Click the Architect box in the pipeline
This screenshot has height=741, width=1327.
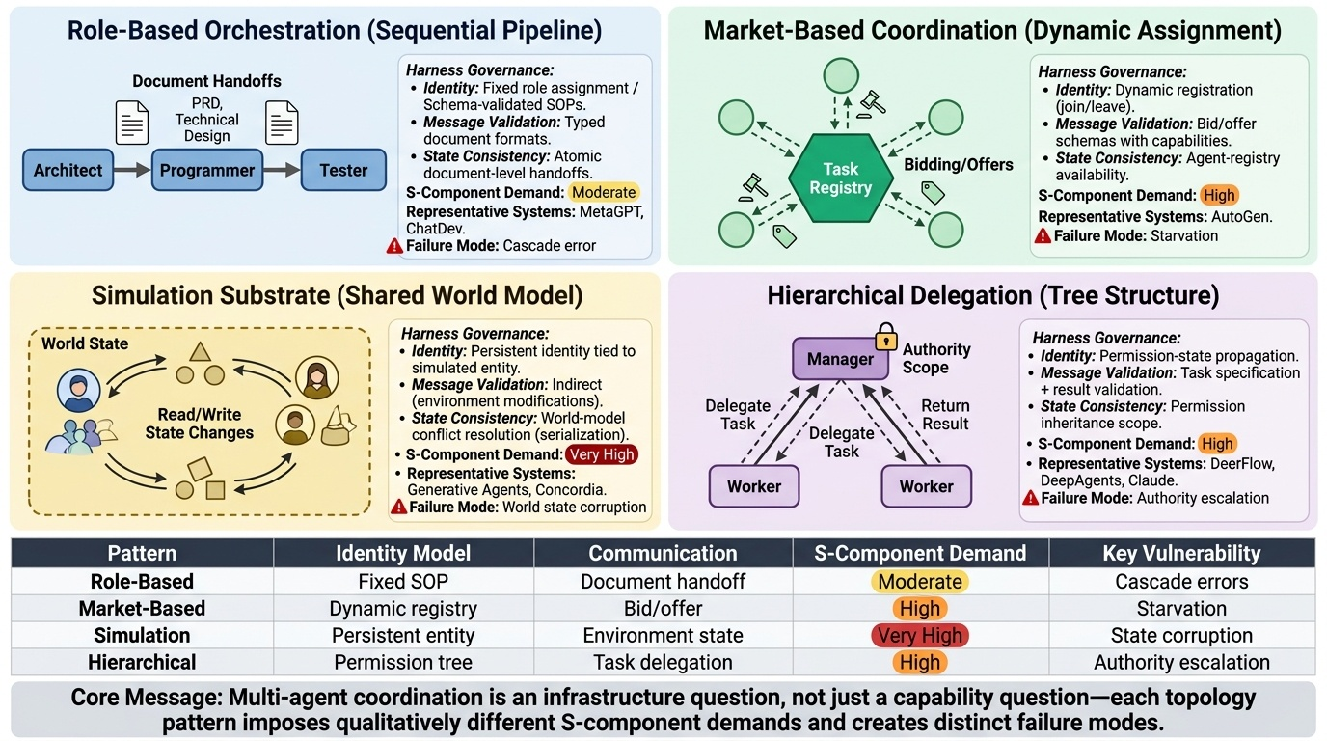click(x=68, y=171)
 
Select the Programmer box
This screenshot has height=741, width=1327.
click(x=206, y=171)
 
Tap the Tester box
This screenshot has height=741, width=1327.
click(x=343, y=171)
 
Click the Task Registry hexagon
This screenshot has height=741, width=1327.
click(x=840, y=178)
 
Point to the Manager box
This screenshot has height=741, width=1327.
click(x=840, y=359)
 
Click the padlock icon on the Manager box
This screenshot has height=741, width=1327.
click(x=885, y=338)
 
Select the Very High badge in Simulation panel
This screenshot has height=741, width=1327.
click(x=602, y=454)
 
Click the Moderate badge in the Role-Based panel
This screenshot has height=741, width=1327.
click(x=604, y=192)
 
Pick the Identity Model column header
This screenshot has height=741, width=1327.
click(x=403, y=554)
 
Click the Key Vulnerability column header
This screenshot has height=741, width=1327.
click(x=1181, y=554)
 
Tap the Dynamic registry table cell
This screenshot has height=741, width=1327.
click(x=403, y=609)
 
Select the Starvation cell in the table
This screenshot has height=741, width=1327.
click(x=1181, y=609)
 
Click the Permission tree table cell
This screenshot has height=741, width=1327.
click(x=403, y=663)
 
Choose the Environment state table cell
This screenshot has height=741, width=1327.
click(x=663, y=636)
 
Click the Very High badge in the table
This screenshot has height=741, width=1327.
click(x=919, y=636)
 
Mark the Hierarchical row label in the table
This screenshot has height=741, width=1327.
click(x=142, y=663)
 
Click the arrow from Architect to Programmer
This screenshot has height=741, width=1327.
click(x=132, y=171)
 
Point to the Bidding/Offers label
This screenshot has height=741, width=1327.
click(x=958, y=165)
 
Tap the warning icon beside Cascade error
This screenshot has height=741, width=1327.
click(x=394, y=246)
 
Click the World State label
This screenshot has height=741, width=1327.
click(x=85, y=343)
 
